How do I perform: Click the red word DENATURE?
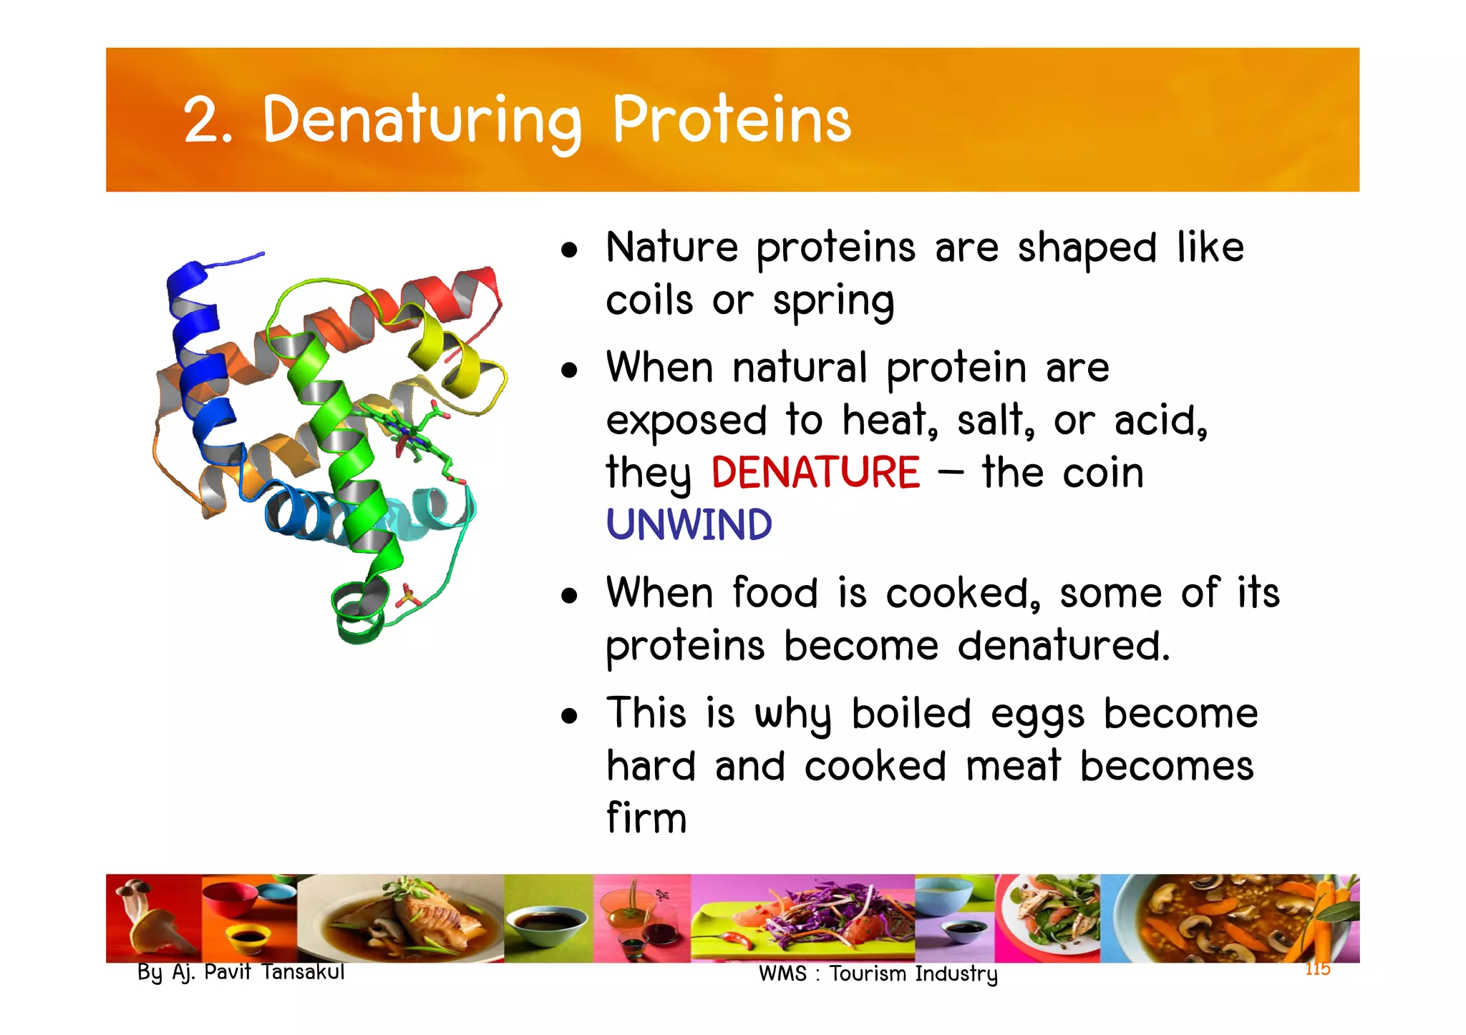pyautogui.click(x=815, y=473)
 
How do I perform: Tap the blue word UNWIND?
pyautogui.click(x=689, y=525)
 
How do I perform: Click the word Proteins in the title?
pyautogui.click(x=732, y=119)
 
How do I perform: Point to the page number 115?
pyautogui.click(x=1317, y=969)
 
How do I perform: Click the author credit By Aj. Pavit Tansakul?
pyautogui.click(x=241, y=972)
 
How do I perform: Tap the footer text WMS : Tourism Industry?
pyautogui.click(x=878, y=973)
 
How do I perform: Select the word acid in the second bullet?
pyautogui.click(x=1160, y=420)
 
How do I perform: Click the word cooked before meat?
pyautogui.click(x=875, y=766)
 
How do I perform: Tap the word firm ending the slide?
pyautogui.click(x=646, y=818)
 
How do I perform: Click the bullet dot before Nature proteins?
pyautogui.click(x=569, y=250)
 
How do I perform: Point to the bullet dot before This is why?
pyautogui.click(x=569, y=716)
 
